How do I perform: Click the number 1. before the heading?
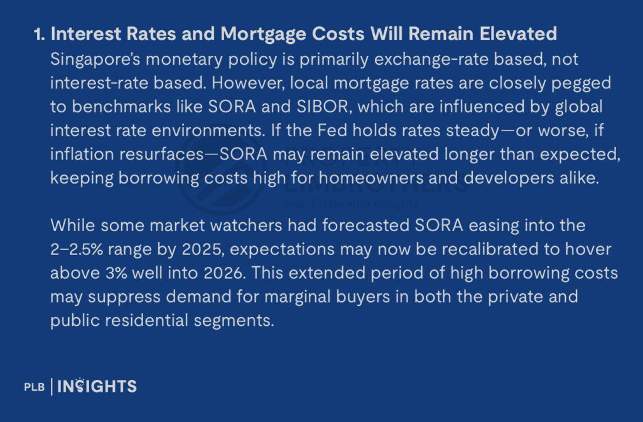point(40,34)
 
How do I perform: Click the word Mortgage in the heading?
point(263,35)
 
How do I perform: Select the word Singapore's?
point(95,60)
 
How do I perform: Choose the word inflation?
point(82,154)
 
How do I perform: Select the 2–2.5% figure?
point(77,249)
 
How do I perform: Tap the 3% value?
point(116,273)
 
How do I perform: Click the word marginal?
point(297,297)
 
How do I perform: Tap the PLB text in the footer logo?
point(35,387)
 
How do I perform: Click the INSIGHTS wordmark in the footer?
point(97,386)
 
